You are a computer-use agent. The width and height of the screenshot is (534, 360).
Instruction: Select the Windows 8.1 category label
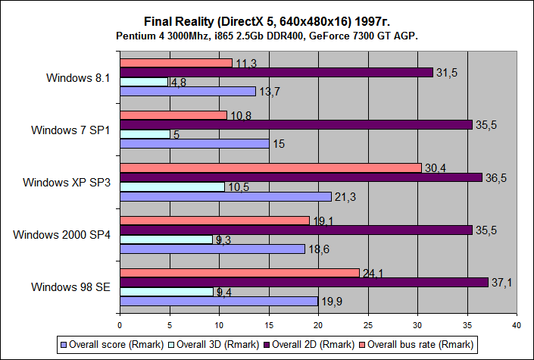[x=78, y=77]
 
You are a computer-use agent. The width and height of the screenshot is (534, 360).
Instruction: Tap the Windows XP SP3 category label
[x=67, y=182]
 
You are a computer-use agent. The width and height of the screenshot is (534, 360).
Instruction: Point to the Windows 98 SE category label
[x=71, y=286]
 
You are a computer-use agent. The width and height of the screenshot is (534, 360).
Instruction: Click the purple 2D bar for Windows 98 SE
[x=303, y=282]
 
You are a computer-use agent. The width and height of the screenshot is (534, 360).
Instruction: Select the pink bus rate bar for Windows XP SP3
[x=270, y=167]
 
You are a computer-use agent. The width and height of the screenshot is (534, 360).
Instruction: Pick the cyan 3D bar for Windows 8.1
[x=143, y=82]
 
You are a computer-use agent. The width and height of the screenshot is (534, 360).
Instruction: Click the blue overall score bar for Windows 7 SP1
[x=194, y=143]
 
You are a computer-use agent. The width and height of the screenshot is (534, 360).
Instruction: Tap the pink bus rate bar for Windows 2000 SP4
[x=214, y=220]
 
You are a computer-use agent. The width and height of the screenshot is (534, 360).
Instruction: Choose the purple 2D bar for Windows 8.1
[x=276, y=72]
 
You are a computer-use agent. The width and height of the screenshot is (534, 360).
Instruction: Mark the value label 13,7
[x=271, y=92]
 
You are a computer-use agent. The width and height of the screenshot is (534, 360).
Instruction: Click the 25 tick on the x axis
[x=367, y=325]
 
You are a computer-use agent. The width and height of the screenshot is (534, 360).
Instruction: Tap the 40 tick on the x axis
[x=517, y=325]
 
